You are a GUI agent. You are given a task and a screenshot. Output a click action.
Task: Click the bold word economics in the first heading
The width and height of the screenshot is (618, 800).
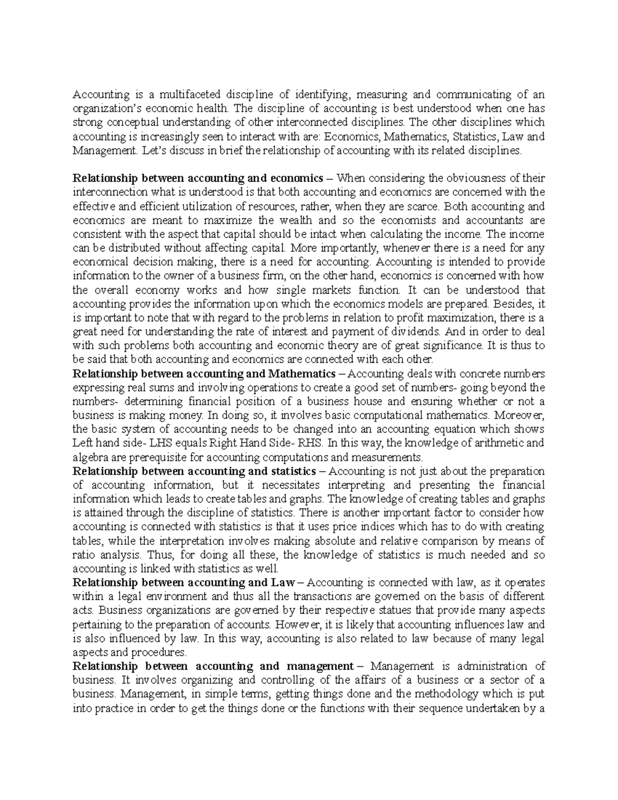click(x=295, y=179)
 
